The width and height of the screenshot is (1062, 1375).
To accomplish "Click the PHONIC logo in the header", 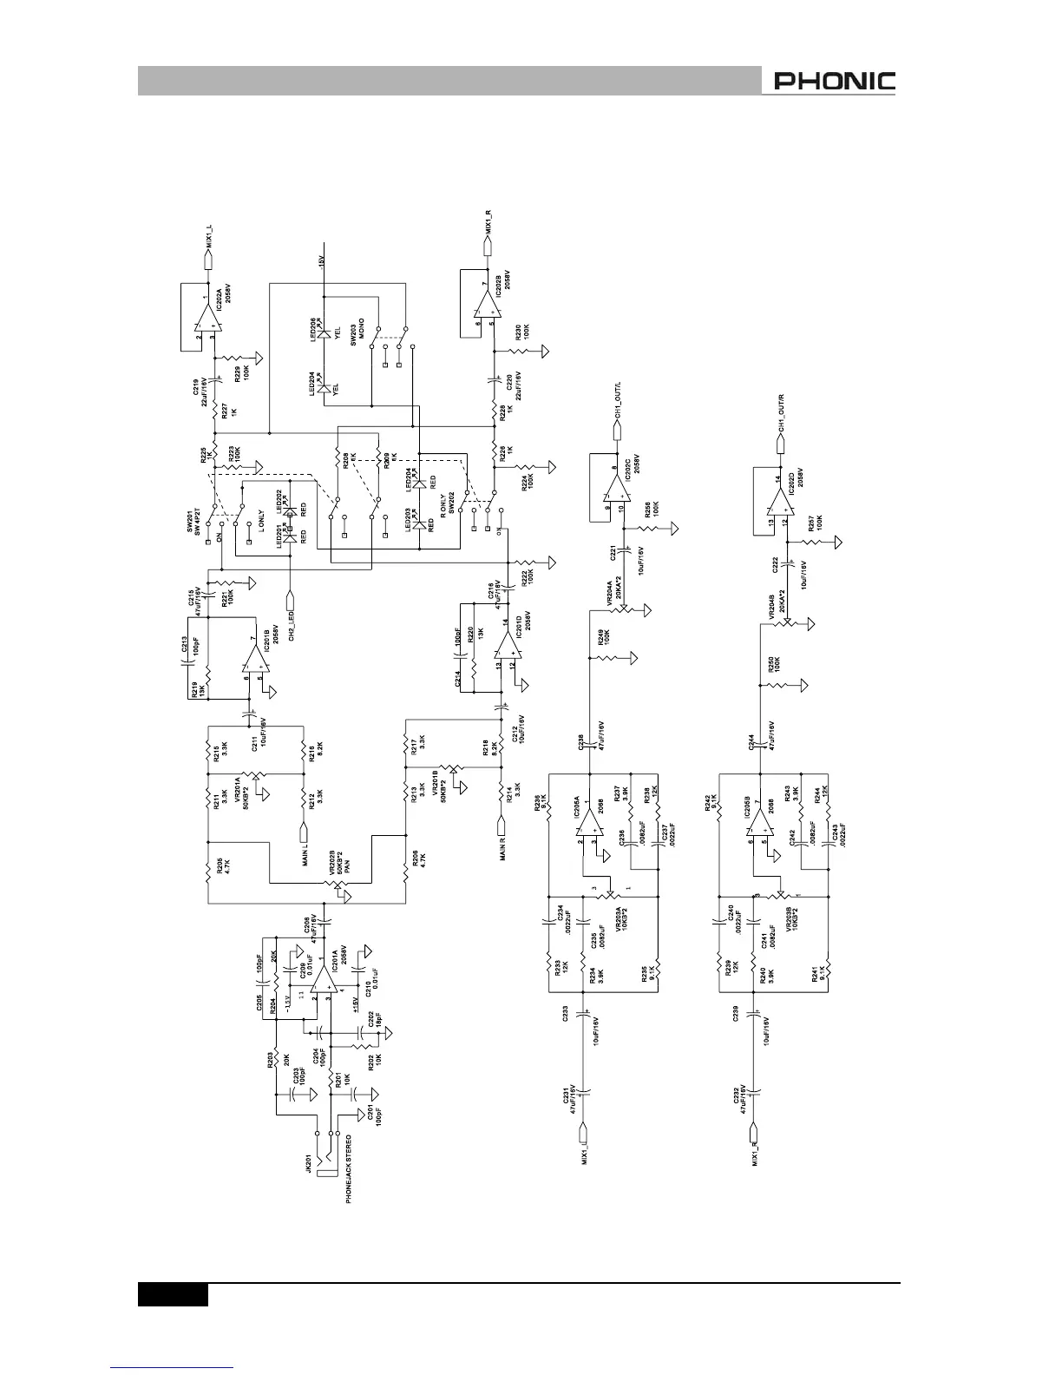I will click(834, 82).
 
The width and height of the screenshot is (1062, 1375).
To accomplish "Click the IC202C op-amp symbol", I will click(617, 497).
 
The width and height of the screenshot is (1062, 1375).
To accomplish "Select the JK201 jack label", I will click(309, 1165).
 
